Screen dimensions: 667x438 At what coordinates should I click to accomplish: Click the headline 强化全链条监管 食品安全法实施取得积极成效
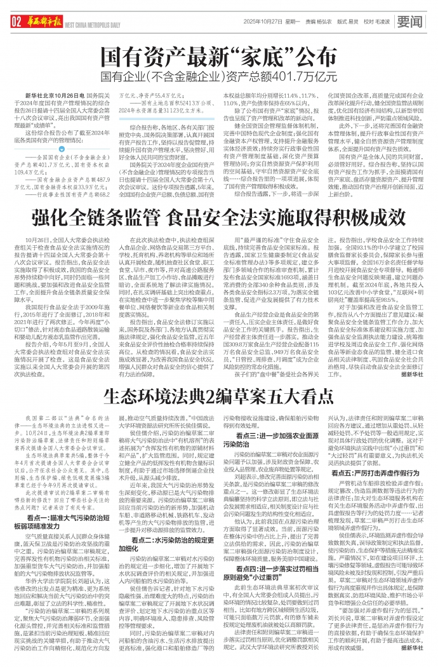point(219,230)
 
